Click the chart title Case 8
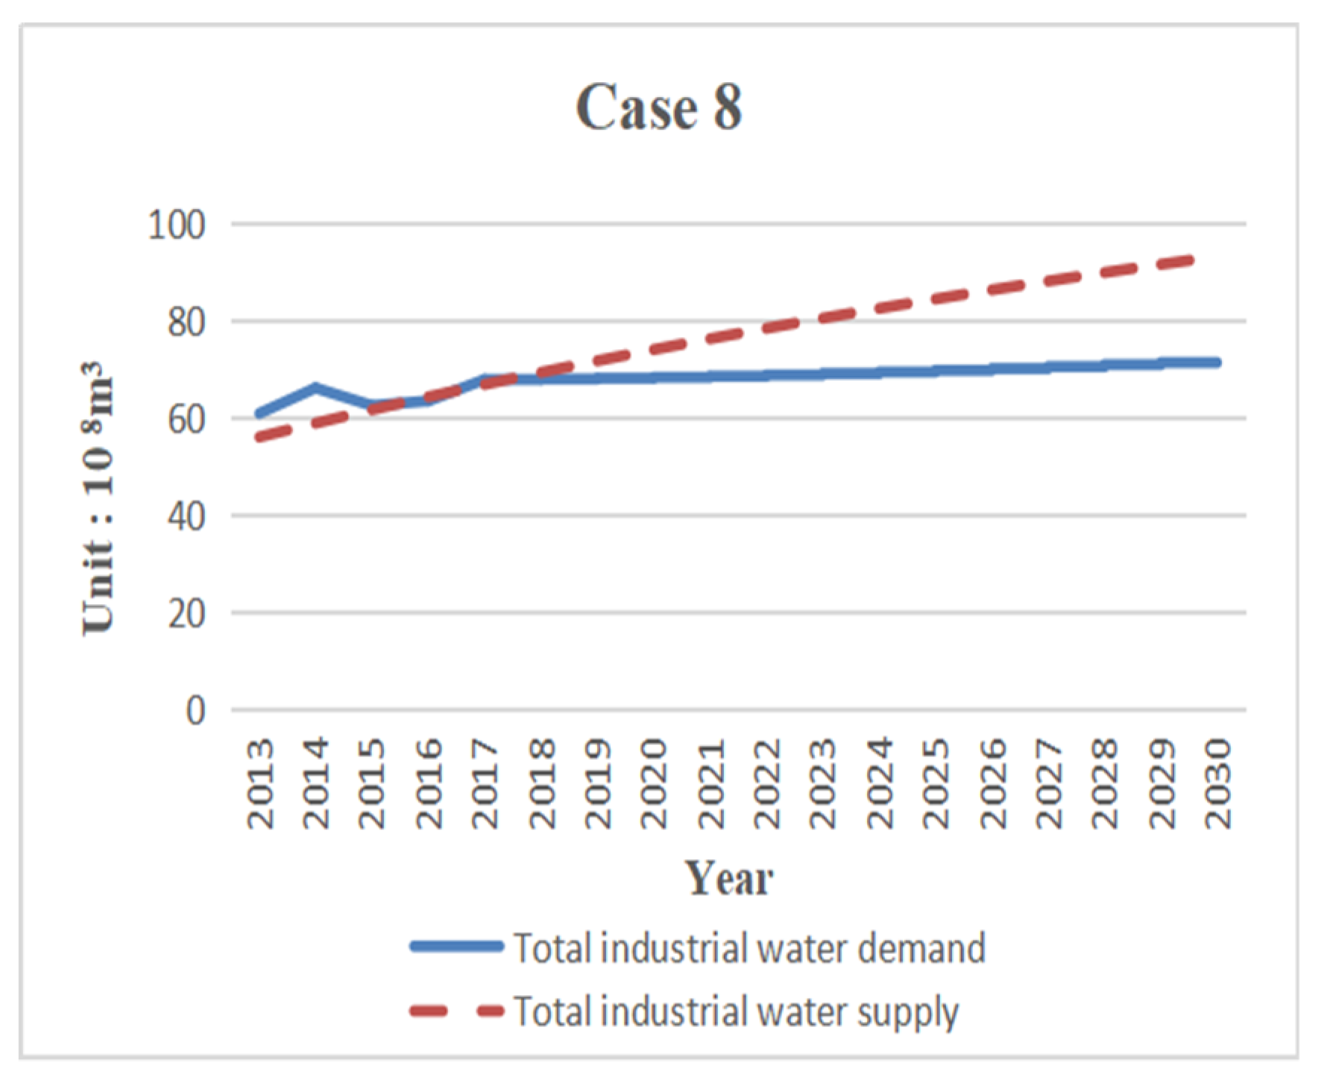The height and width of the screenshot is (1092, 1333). (659, 107)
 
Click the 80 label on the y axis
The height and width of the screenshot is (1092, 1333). (186, 322)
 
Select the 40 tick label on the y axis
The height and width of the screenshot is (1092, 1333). (186, 516)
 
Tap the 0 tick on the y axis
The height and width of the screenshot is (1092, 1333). (195, 710)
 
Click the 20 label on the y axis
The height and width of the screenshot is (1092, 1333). (186, 613)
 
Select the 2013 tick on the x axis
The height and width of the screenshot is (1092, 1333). (260, 783)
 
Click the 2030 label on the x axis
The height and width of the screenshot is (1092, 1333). (1218, 783)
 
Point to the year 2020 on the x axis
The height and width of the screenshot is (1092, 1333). (654, 783)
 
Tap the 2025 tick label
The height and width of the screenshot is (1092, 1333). (936, 783)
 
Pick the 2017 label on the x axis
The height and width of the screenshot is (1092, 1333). (485, 783)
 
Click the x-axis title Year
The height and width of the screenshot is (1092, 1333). (728, 878)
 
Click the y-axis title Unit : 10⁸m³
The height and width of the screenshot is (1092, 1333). (98, 498)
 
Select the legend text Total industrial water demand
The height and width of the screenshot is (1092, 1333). (749, 948)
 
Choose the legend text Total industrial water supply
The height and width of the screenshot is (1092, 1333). (736, 1012)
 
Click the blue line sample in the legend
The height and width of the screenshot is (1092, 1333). (456, 946)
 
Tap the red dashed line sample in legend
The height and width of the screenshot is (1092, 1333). (456, 1011)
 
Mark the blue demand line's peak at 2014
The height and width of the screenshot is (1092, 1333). (316, 387)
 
